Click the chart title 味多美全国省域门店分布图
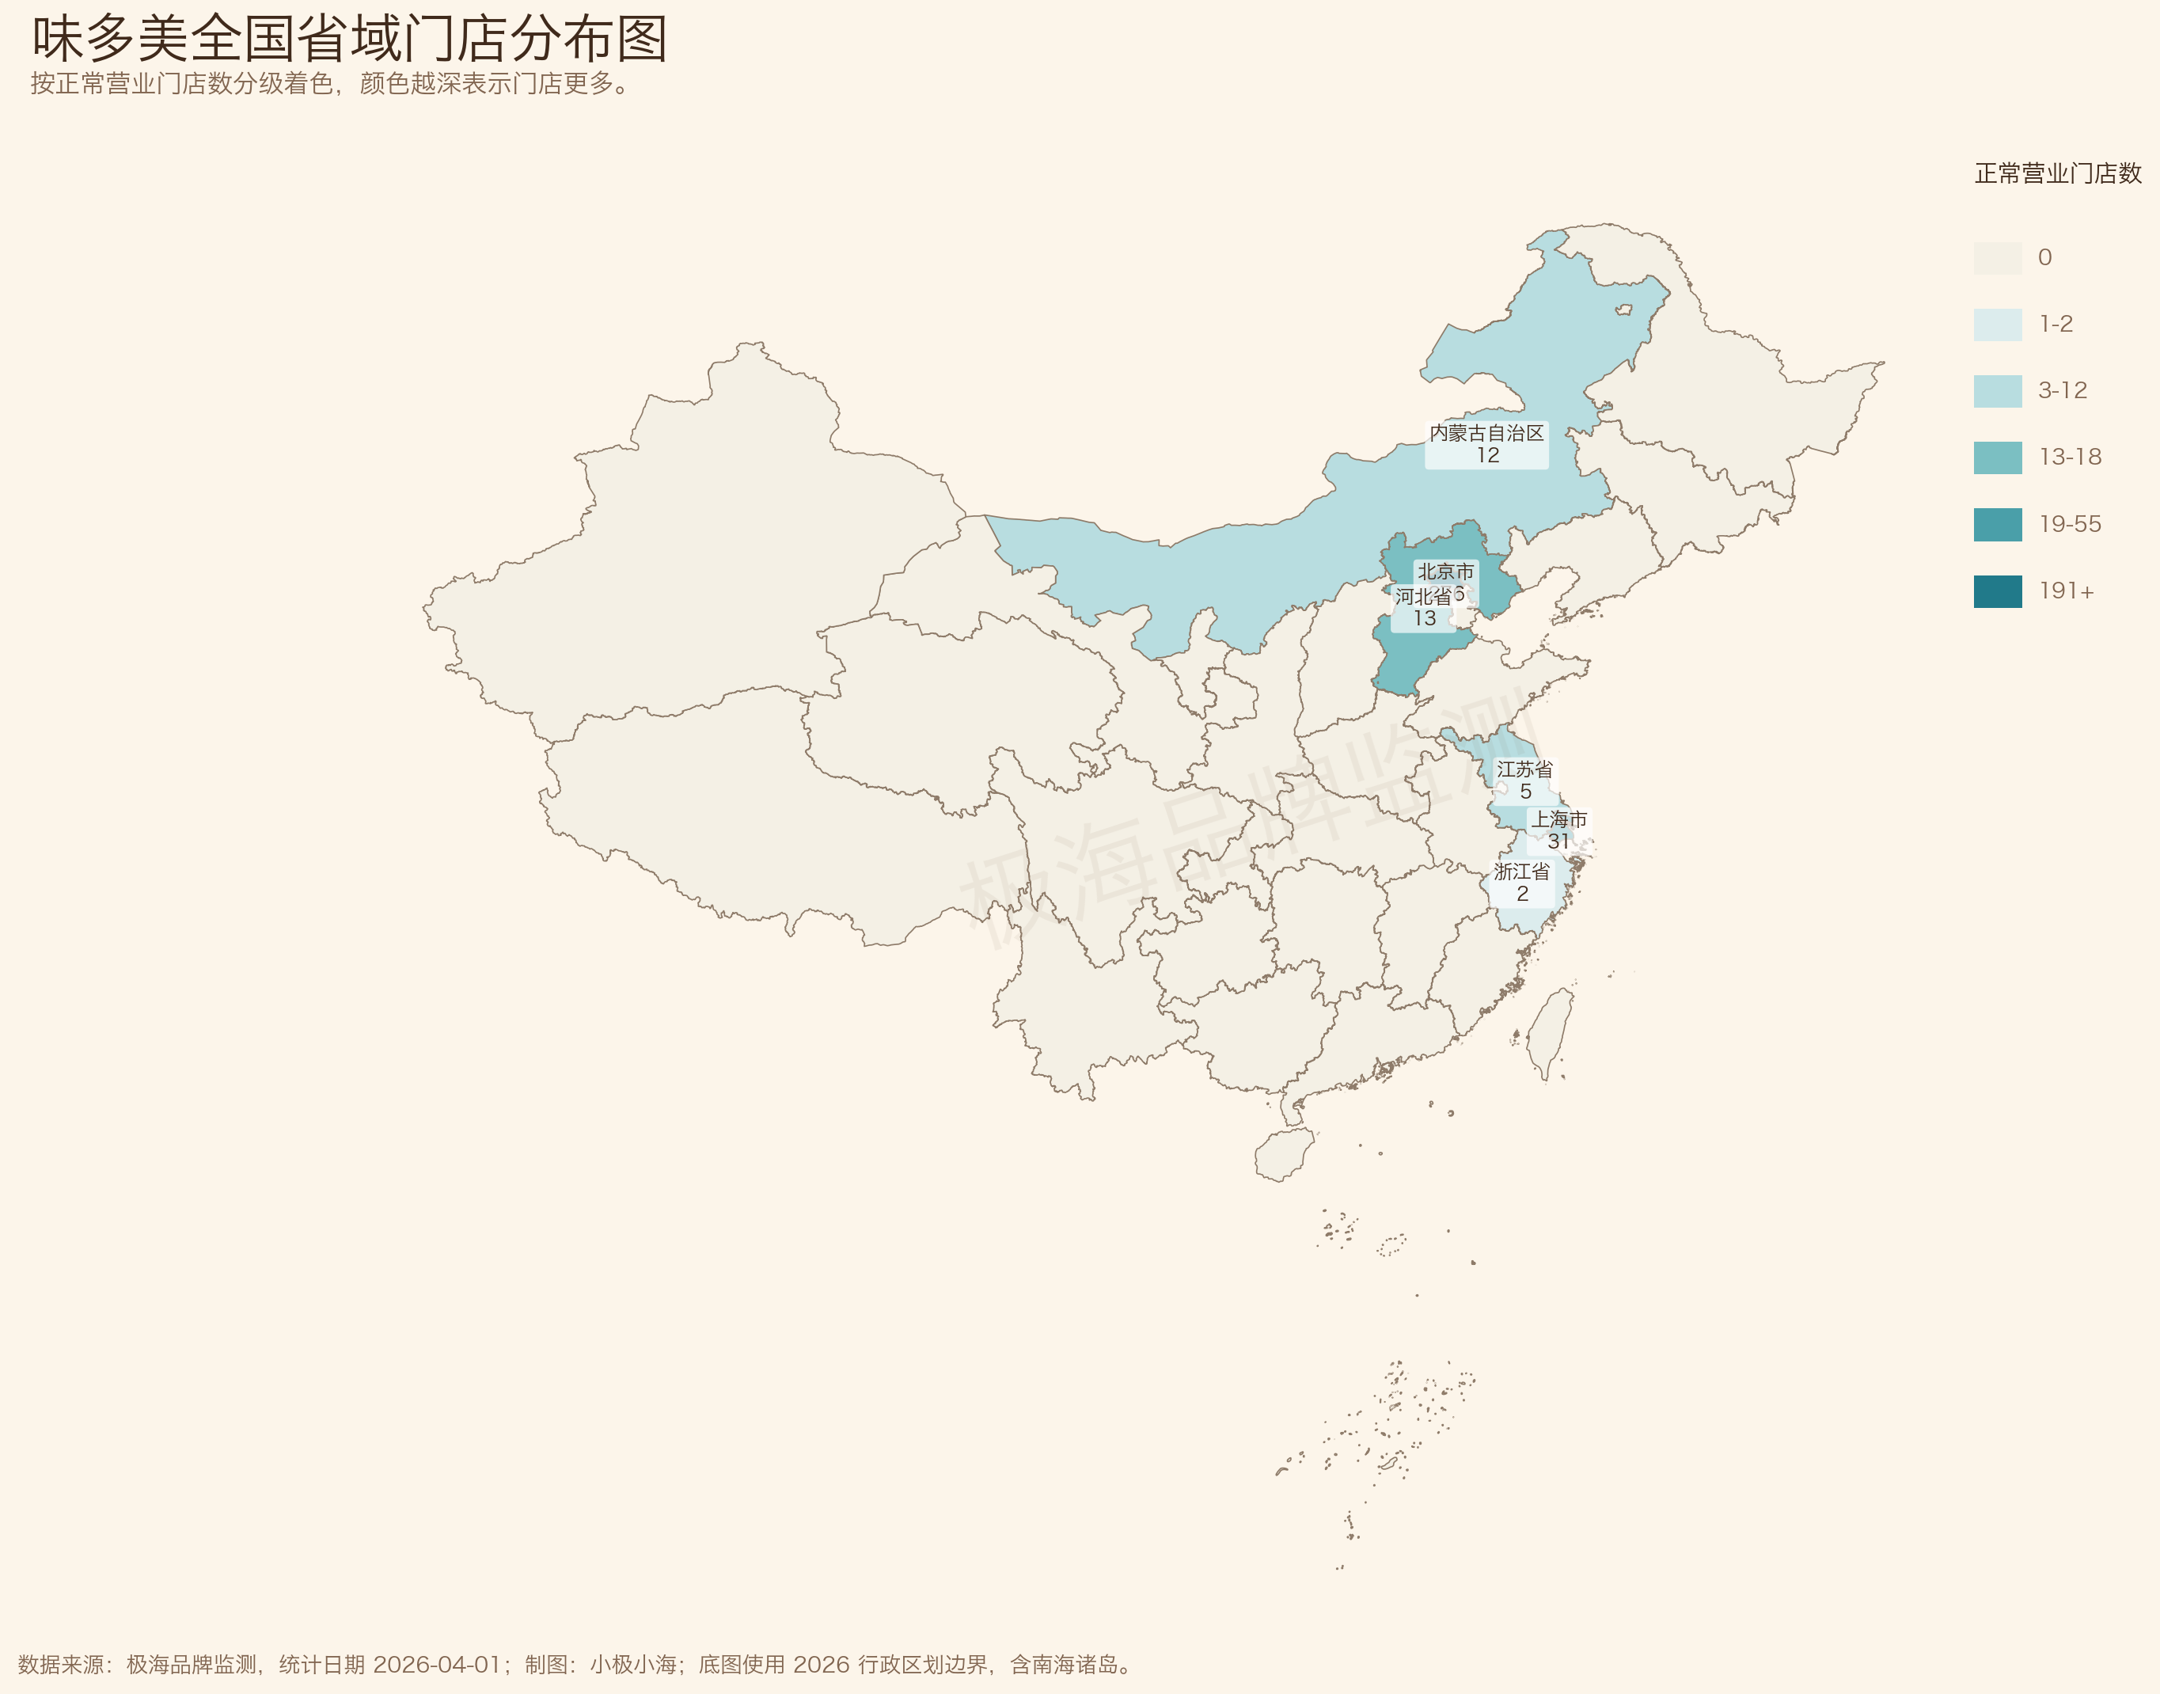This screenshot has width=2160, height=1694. (349, 40)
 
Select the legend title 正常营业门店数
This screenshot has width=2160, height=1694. (2057, 173)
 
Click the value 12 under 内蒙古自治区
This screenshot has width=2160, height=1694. (1486, 455)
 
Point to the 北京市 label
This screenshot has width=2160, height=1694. (1445, 572)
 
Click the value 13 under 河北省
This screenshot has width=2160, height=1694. (1424, 619)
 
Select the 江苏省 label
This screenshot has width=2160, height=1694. (1524, 769)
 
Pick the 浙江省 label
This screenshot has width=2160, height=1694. (1521, 872)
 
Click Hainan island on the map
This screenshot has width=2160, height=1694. (1283, 1154)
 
